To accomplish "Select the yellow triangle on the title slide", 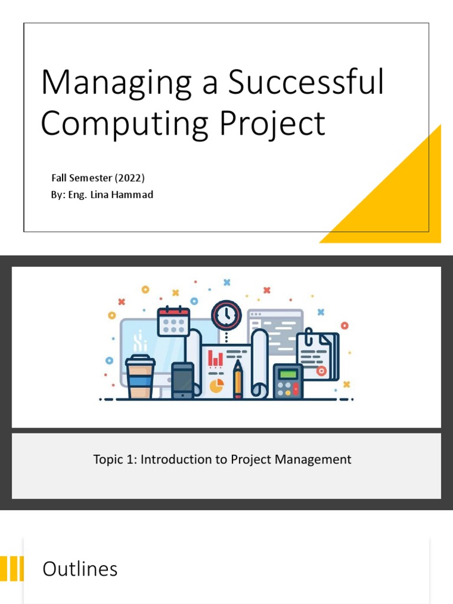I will point(401,195).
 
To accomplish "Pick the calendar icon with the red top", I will point(173,322).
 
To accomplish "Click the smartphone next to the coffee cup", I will point(182,380).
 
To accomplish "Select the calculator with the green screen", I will point(288,381).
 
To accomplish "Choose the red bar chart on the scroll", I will point(215,357).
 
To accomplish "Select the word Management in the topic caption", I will point(318,459).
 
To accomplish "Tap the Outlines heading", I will point(80,569).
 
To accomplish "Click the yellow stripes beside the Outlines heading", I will point(12,569).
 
